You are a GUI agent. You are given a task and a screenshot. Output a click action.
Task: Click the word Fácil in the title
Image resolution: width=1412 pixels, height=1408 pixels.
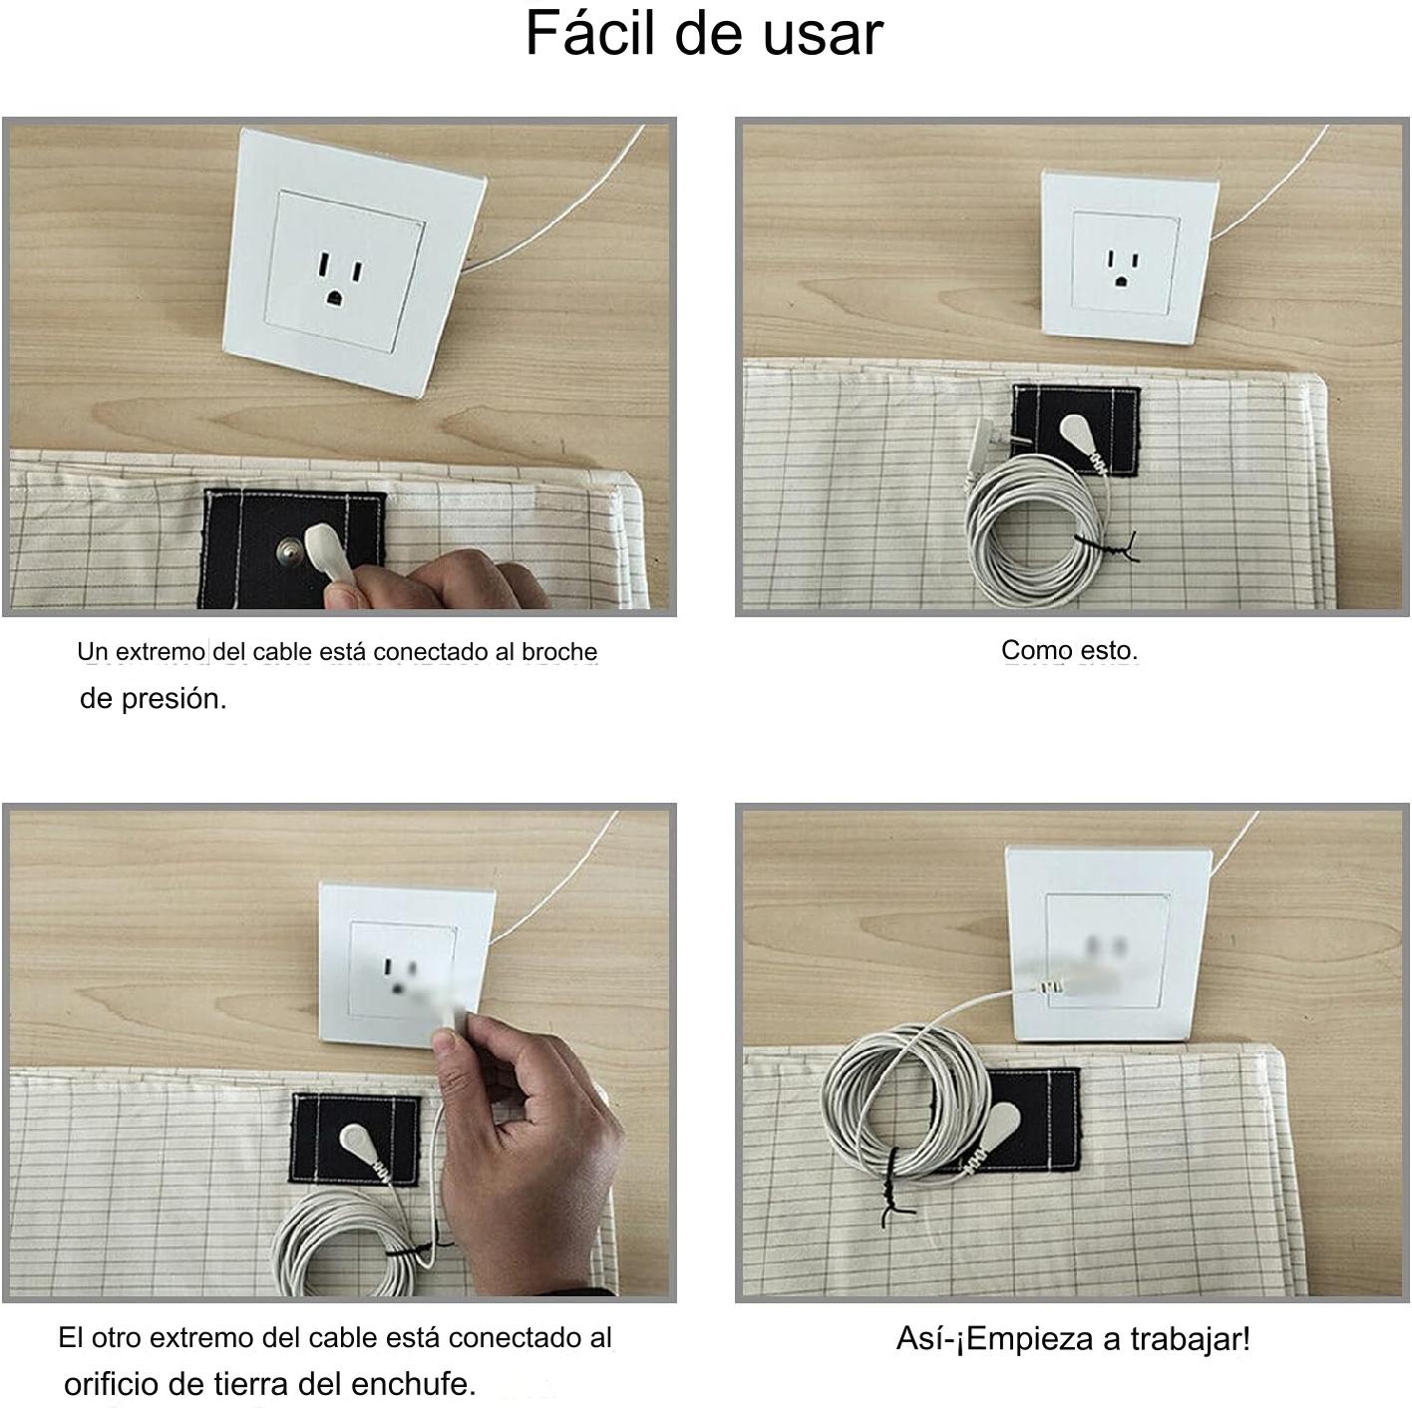(590, 32)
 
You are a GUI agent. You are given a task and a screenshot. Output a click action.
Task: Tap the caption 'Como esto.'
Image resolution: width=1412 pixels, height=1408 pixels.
(1069, 650)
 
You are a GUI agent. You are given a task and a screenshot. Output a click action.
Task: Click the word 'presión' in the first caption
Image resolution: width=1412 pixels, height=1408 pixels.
(174, 699)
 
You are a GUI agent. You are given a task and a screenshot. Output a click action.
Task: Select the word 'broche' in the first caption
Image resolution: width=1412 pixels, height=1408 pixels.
(559, 651)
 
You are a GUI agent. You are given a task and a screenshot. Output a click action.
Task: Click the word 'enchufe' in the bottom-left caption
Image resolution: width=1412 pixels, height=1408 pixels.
(414, 1384)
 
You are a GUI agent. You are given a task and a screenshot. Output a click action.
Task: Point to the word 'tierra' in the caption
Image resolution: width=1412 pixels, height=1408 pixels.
(253, 1384)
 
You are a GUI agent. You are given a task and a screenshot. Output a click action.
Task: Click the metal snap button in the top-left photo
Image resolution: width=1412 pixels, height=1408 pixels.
(287, 548)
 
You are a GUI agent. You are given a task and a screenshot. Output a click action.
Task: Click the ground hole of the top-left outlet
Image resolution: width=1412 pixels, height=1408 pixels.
(334, 298)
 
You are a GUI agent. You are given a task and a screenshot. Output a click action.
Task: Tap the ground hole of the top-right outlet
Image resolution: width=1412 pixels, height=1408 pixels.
(1121, 280)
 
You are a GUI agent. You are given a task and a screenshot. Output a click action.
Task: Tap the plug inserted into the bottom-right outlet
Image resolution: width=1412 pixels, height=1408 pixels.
(1049, 986)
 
